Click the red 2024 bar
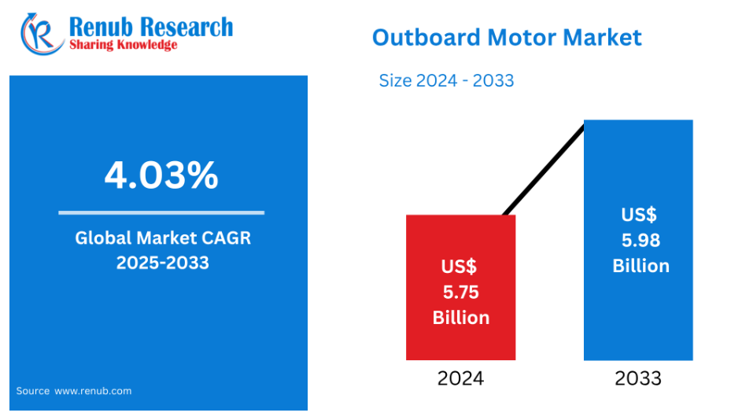(460, 287)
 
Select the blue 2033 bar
(638, 240)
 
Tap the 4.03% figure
(161, 175)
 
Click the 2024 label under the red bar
(460, 378)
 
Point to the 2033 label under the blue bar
(638, 378)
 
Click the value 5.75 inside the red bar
(460, 293)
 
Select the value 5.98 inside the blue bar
(641, 241)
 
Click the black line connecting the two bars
(544, 170)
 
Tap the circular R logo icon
(42, 34)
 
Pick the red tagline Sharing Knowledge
(124, 45)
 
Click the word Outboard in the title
(426, 37)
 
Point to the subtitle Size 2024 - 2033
(446, 81)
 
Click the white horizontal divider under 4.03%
(161, 212)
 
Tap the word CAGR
(226, 238)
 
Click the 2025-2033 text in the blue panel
(163, 263)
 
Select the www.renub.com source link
(93, 391)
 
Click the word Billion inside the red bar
(461, 318)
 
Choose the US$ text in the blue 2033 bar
(639, 215)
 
